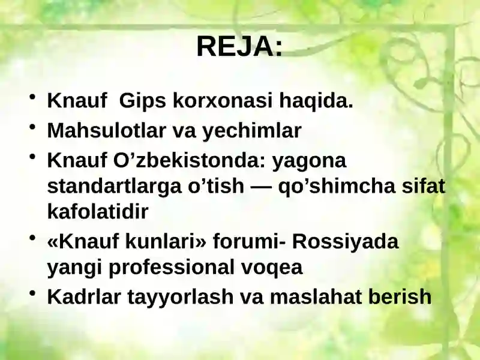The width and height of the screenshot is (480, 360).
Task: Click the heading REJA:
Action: click(x=239, y=46)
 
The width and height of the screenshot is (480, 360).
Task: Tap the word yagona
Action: click(x=310, y=161)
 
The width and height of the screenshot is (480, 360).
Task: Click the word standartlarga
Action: click(x=111, y=187)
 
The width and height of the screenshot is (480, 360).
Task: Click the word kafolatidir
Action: click(x=97, y=212)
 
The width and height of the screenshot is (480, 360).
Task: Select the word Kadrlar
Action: click(x=85, y=296)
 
